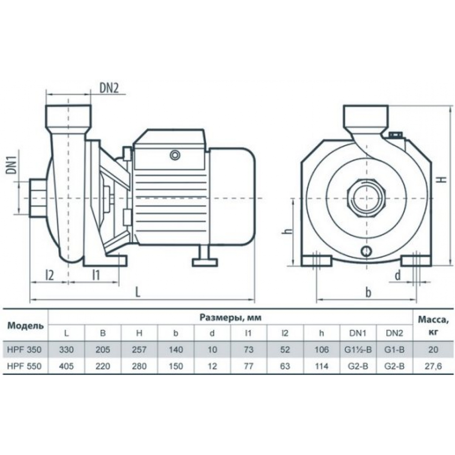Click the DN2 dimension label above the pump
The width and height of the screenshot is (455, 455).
click(109, 88)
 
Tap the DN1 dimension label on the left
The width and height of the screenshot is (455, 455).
click(11, 166)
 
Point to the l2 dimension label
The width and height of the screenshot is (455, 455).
click(50, 275)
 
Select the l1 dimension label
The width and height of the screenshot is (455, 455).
click(96, 275)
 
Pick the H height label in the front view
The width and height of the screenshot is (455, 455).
click(441, 179)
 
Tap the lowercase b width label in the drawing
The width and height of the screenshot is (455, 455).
click(368, 293)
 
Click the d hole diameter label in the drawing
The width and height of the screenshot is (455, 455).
click(398, 275)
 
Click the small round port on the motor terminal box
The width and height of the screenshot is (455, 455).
click(175, 155)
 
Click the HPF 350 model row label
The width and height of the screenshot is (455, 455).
click(25, 349)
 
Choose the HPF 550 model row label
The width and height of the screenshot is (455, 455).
click(25, 366)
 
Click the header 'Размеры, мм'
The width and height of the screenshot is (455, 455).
click(230, 318)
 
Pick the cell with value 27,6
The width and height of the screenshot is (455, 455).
click(433, 366)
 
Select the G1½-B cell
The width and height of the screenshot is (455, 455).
click(358, 349)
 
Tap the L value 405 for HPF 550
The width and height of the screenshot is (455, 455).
click(66, 366)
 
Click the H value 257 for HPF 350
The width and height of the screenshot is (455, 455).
click(139, 349)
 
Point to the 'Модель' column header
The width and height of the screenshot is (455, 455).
click(25, 326)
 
